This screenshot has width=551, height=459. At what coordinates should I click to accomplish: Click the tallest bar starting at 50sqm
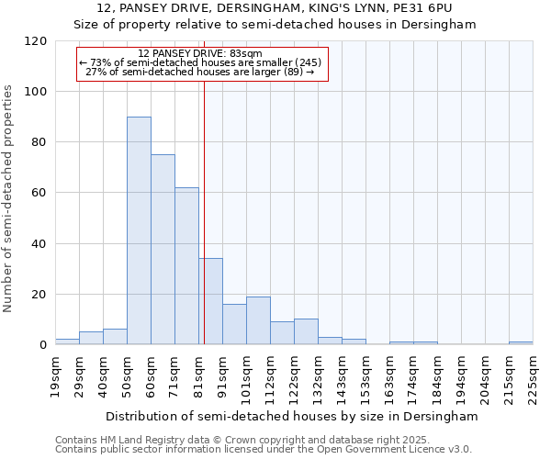pos(139,230)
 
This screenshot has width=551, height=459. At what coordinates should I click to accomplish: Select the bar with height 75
pos(163,250)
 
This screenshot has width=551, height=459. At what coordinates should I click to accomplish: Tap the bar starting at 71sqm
pos(186,266)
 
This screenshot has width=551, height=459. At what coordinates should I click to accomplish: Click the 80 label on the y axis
pos(39,142)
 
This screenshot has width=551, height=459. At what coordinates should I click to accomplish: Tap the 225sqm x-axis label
pos(533,375)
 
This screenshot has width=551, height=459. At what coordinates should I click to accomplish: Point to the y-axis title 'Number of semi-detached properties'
pos(8,193)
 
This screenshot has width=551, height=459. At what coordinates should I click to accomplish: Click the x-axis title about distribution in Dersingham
pos(292,416)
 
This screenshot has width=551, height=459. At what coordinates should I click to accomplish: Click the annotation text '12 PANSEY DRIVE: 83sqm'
pos(199,54)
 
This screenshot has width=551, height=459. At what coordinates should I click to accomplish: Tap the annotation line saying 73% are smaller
pos(199,62)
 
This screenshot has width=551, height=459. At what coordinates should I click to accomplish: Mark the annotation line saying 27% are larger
pos(199,72)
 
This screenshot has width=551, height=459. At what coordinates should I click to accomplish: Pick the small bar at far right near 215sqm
pos(521,343)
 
